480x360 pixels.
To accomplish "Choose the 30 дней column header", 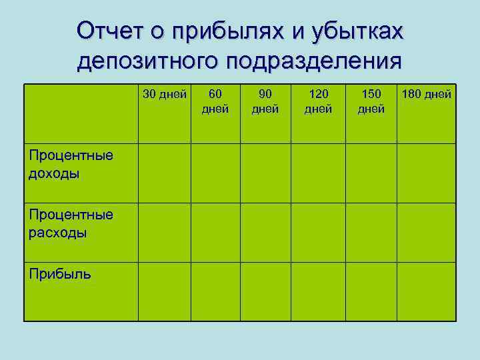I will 164,94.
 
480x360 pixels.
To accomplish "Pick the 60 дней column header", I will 215,101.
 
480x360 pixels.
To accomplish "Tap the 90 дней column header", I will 265,101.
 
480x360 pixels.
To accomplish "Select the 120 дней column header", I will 318,101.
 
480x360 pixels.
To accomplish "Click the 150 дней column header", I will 371,101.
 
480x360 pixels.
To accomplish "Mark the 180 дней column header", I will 427,94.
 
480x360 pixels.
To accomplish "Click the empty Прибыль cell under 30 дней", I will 164,291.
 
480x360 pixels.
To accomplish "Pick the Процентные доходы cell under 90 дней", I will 265,173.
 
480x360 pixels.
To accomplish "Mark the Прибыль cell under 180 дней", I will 427,291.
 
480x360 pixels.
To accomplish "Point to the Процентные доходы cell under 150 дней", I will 371,173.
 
